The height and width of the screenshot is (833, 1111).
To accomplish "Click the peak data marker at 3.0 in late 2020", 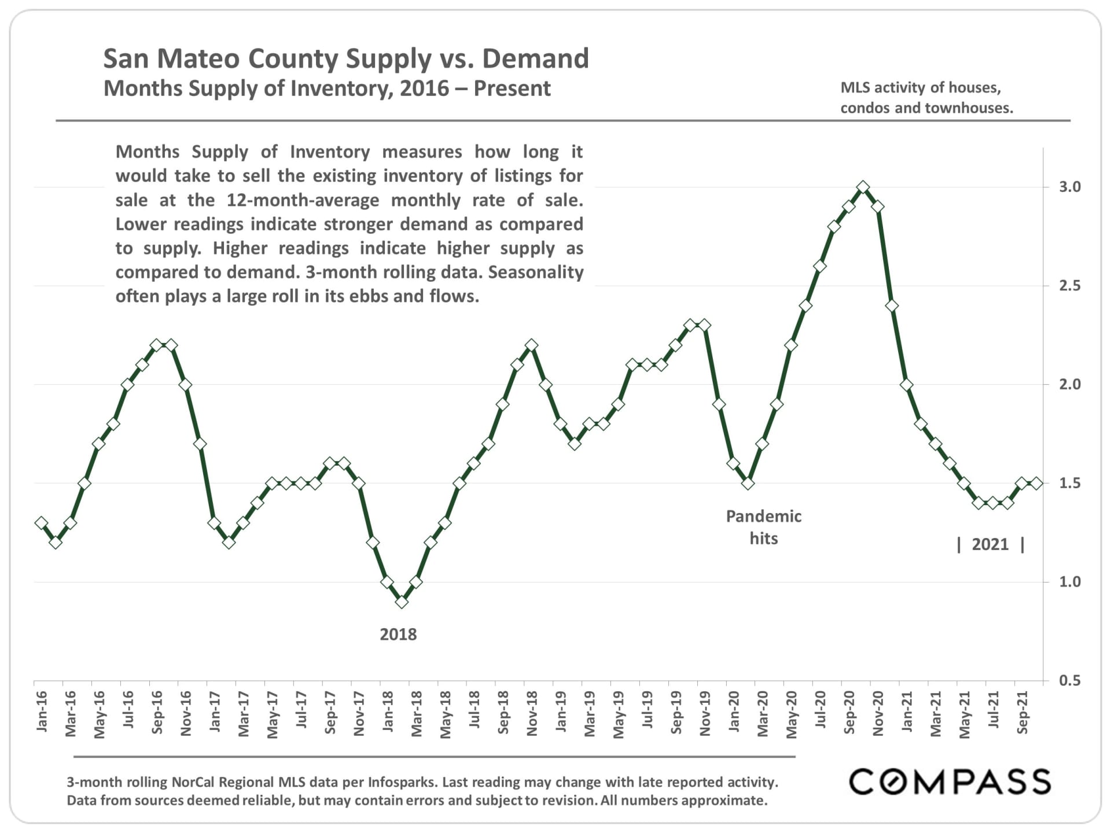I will coord(863,187).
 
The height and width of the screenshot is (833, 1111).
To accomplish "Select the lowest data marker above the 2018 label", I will coord(402,602).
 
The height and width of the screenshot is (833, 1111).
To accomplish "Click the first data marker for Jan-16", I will coord(41,522).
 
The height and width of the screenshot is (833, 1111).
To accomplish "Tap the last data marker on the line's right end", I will coord(1036,483).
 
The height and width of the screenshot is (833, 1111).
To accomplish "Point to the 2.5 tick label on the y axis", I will coord(1069,286).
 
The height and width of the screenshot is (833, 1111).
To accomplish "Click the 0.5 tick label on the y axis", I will coord(1069,681).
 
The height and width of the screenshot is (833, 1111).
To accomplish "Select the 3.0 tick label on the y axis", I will coord(1069,187).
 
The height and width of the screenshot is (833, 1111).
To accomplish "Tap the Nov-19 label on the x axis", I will coord(705,713).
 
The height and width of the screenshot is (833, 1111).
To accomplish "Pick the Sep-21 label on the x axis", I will coord(1022,713).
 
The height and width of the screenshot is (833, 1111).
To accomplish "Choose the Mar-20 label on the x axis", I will coord(763,713).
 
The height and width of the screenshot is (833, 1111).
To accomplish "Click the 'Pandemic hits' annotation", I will coord(763,527).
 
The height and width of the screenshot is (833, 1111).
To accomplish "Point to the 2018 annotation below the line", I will coord(398,635).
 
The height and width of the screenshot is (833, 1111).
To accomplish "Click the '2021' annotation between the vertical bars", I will coord(990,544).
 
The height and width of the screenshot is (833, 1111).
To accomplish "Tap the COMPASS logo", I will coord(950,782).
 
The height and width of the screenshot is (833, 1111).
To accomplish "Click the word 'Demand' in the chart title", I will coord(535,58).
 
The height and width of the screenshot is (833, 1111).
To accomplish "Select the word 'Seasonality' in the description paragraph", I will coord(536,272).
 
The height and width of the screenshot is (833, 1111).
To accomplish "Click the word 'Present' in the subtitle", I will coord(512,89).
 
